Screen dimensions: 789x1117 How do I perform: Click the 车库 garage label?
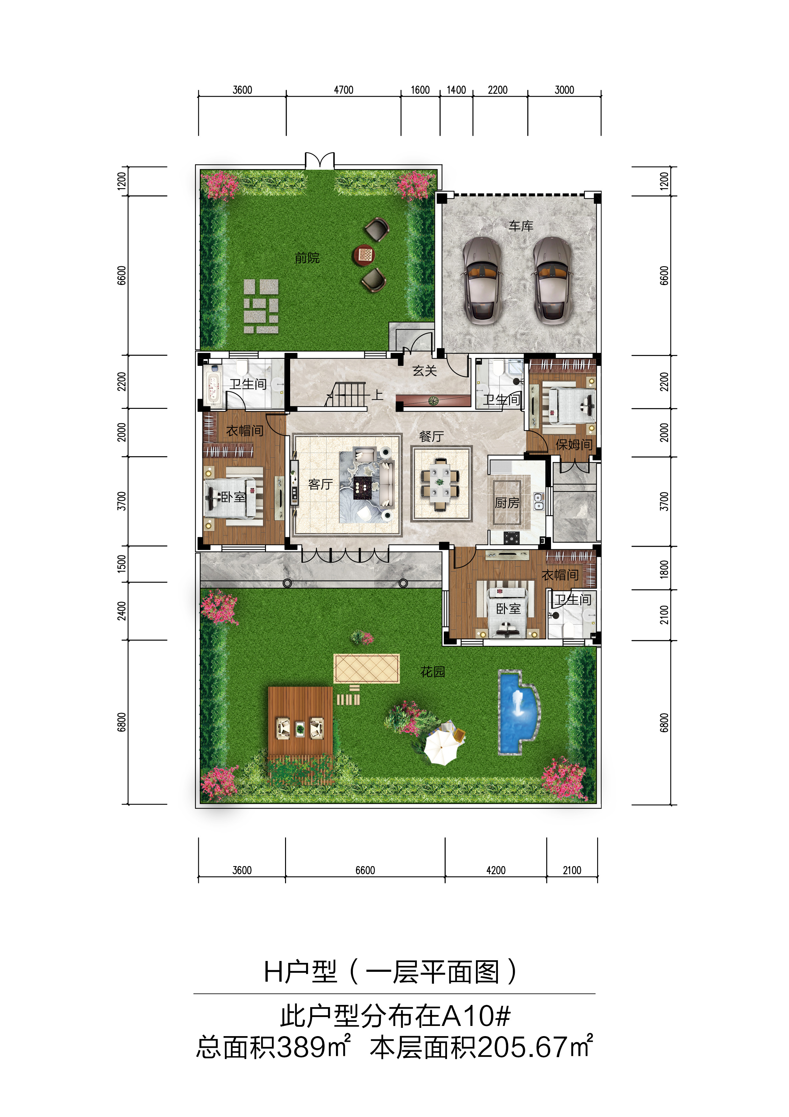[521, 226]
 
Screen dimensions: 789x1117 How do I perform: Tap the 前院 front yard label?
[307, 258]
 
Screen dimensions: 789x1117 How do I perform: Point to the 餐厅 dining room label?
[431, 437]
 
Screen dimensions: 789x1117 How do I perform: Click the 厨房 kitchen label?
[507, 502]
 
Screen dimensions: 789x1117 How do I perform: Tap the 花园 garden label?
[433, 672]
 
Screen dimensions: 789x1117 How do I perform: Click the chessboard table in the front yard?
[364, 254]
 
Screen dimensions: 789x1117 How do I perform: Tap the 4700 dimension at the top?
[344, 90]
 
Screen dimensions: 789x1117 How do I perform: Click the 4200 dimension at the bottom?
[496, 870]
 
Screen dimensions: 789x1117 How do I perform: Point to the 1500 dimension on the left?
[122, 563]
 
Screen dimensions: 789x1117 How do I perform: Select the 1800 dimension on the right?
[664, 569]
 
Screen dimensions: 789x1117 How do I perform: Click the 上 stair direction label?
[377, 395]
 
